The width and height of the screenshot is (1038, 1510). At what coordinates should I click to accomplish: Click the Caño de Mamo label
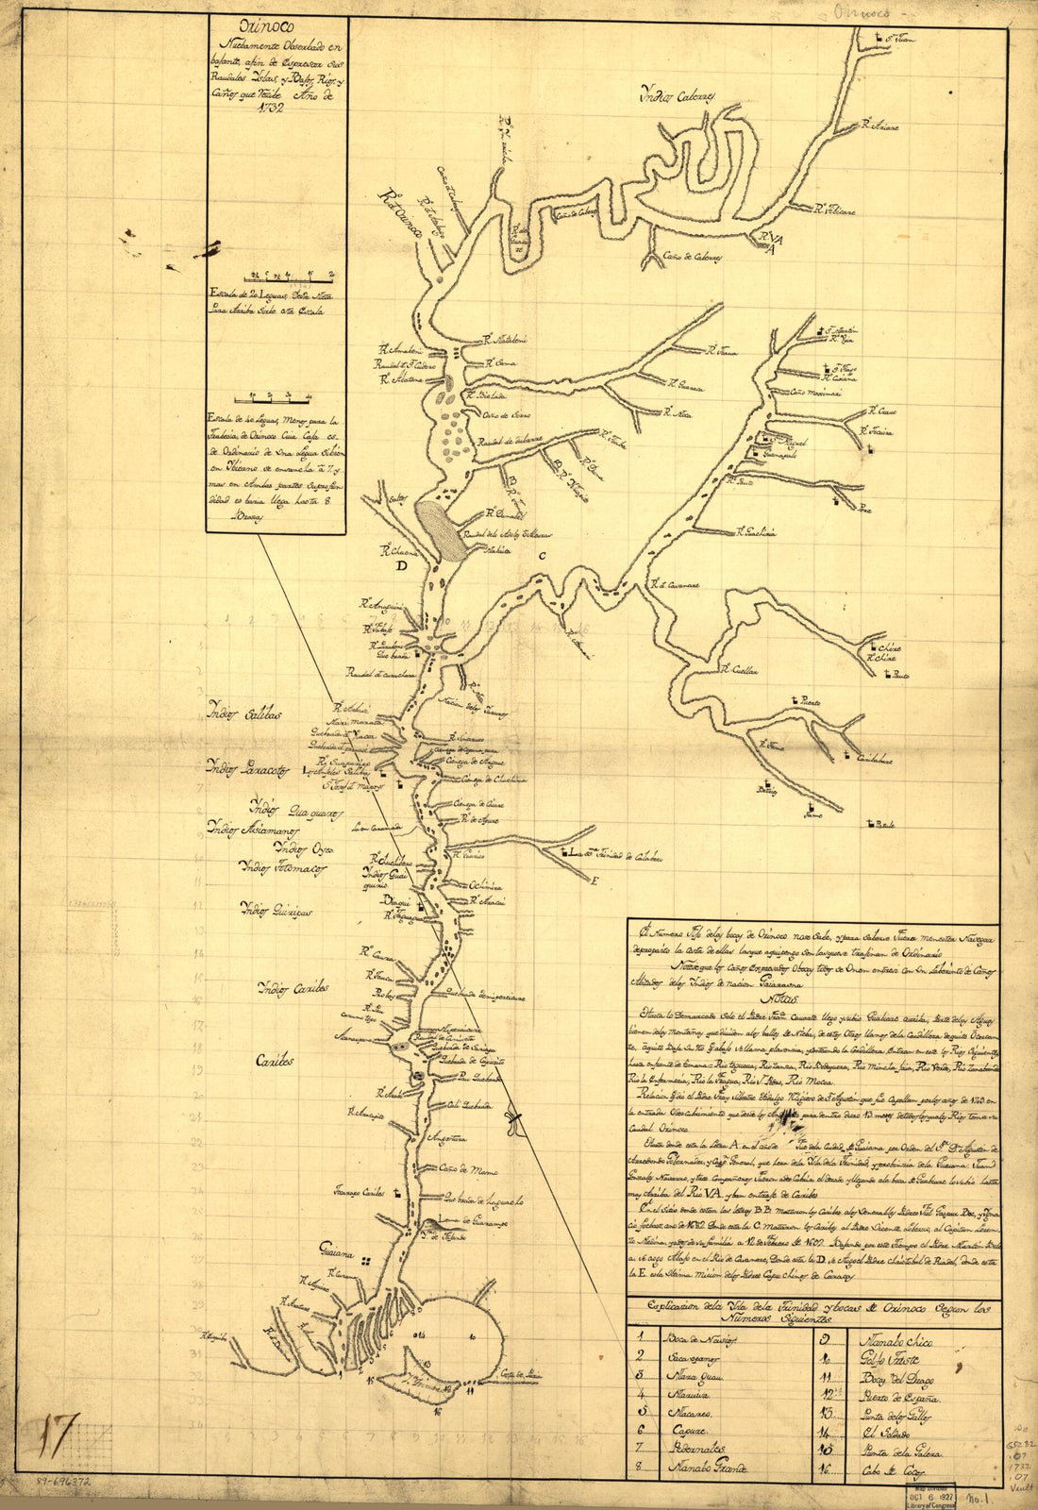click(x=462, y=1168)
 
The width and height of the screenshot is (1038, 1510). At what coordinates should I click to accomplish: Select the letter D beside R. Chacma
click(x=403, y=568)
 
